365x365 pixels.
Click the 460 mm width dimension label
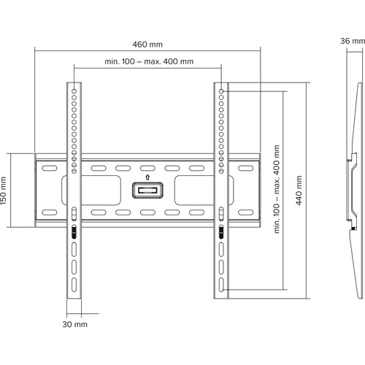pyautogui.click(x=148, y=43)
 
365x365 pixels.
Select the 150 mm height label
pyautogui.click(x=5, y=190)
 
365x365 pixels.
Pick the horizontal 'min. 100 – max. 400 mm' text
pyautogui.click(x=148, y=61)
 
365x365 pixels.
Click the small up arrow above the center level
pyautogui.click(x=148, y=176)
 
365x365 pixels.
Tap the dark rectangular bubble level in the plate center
pyautogui.click(x=148, y=191)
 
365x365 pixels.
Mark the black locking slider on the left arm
pyautogui.click(x=75, y=232)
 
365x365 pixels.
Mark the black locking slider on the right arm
pyautogui.click(x=221, y=232)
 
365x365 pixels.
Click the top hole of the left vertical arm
pyautogui.click(x=75, y=91)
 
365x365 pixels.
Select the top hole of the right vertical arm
pyautogui.click(x=221, y=91)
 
